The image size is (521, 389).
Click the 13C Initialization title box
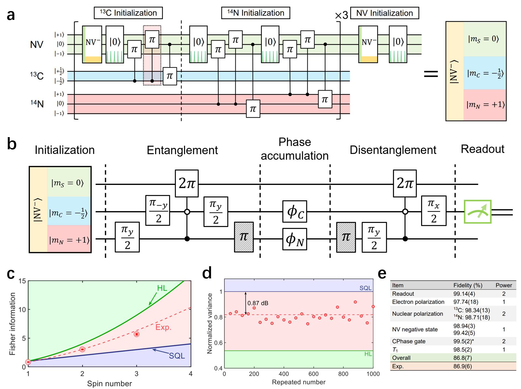click(x=128, y=13)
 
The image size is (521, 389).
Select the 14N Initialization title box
click(x=256, y=13)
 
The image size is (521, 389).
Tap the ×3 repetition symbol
click(x=341, y=15)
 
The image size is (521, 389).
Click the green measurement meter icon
click(x=477, y=212)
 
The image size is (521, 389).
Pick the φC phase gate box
click(x=295, y=212)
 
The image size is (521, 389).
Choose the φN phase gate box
click(x=295, y=239)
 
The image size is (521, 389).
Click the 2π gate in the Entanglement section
click(x=187, y=183)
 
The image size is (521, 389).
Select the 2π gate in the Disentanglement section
click(x=405, y=183)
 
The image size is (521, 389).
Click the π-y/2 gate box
click(x=158, y=210)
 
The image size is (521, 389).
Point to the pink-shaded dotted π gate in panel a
click(x=152, y=40)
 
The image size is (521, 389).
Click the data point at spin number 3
click(x=137, y=334)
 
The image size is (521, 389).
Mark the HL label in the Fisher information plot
click(x=162, y=288)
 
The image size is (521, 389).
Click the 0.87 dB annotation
click(x=258, y=303)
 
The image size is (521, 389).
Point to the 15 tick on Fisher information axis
click(x=22, y=281)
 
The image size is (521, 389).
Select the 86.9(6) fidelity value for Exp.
click(x=462, y=366)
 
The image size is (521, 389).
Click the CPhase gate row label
click(x=409, y=341)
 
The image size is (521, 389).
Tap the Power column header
click(x=504, y=285)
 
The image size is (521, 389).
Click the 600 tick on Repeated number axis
click(x=313, y=374)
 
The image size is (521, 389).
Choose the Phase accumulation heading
click(x=295, y=149)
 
